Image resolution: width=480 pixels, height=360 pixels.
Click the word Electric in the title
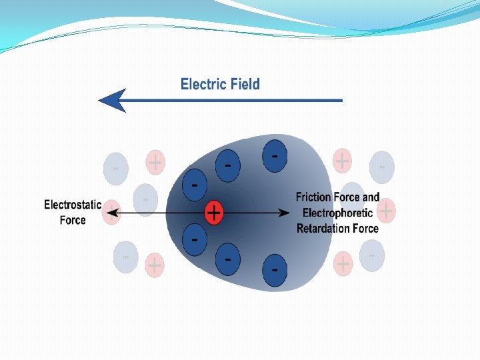click(x=204, y=84)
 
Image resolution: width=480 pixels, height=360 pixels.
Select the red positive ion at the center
click(x=213, y=213)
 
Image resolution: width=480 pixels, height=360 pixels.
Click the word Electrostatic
click(x=73, y=205)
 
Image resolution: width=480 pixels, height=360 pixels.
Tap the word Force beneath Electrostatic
click(x=73, y=220)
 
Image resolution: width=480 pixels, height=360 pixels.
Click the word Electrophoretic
click(x=337, y=213)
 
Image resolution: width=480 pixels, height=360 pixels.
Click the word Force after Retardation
click(x=364, y=228)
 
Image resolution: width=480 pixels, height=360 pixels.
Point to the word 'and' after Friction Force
click(x=371, y=197)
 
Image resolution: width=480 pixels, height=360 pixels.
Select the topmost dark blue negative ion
click(x=275, y=155)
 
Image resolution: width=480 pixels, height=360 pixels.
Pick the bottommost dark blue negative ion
click(x=275, y=270)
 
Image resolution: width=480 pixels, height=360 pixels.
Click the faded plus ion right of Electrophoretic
click(x=386, y=211)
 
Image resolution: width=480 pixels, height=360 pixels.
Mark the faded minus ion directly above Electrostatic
click(x=115, y=169)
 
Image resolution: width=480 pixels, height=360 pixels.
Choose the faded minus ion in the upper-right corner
click(x=382, y=167)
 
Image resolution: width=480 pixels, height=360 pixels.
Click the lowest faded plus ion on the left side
click(x=155, y=265)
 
